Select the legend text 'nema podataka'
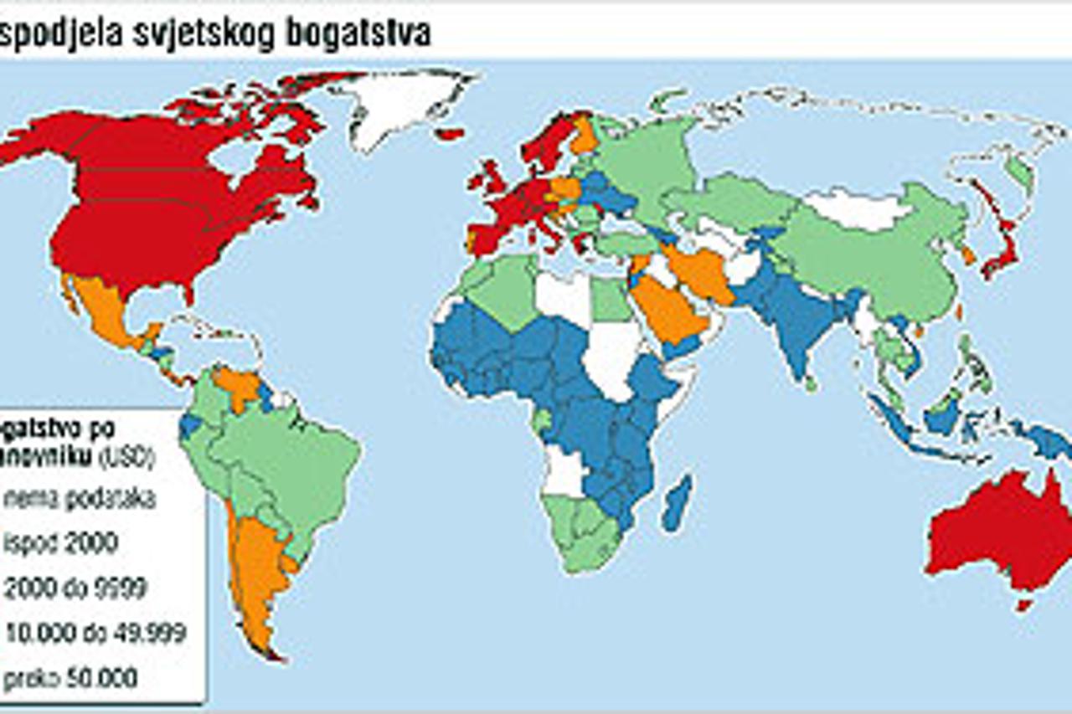(x=80, y=499)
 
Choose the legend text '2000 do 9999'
(x=75, y=588)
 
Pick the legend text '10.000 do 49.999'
(x=95, y=633)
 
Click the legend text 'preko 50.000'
(x=70, y=677)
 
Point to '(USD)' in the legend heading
(x=126, y=457)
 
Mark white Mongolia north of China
(x=854, y=208)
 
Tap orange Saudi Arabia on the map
(x=670, y=310)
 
